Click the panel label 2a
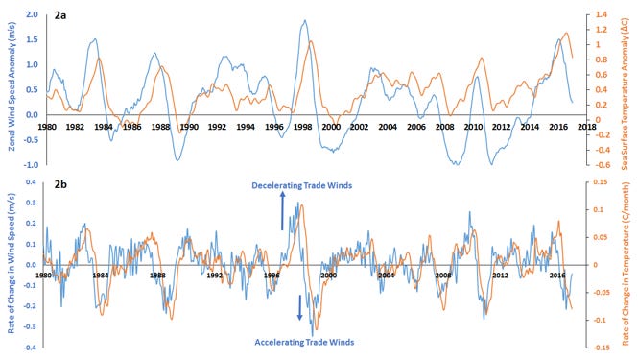click(60, 16)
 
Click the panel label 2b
click(60, 185)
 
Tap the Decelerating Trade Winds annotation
click(302, 185)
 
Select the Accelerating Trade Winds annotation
click(304, 342)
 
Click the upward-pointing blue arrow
click(282, 211)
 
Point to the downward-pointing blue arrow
click(300, 307)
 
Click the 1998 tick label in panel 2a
click(302, 127)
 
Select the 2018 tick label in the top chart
click(587, 127)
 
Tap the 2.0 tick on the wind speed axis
click(32, 14)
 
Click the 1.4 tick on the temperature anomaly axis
click(602, 14)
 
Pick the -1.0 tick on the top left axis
click(31, 165)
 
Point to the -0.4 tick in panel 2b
click(32, 348)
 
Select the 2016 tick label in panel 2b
click(557, 276)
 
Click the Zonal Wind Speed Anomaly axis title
click(12, 86)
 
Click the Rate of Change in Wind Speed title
click(11, 263)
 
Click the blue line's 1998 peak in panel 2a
click(304, 20)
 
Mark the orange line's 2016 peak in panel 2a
click(566, 33)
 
